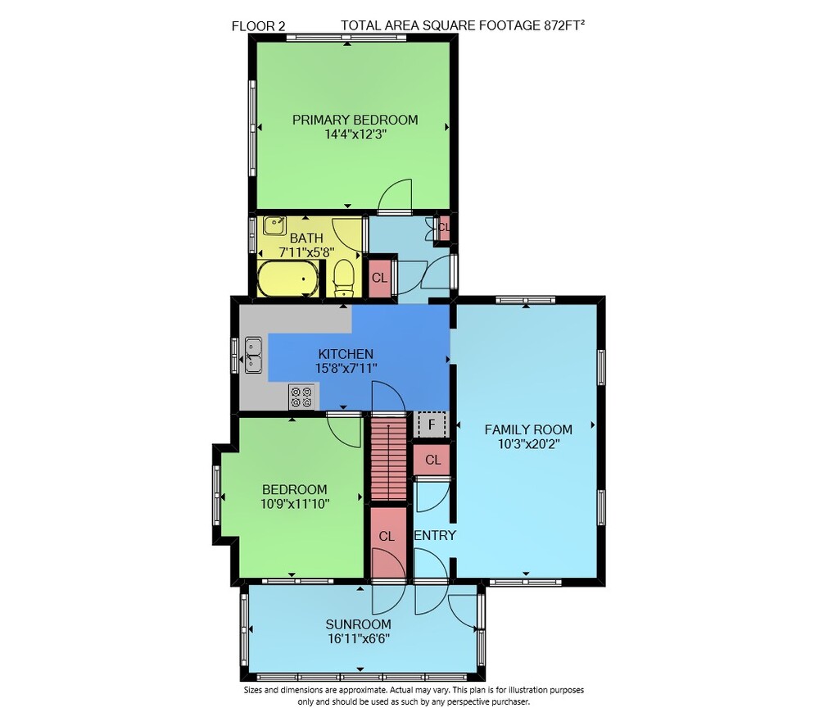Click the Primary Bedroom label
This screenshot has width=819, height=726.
click(x=355, y=120)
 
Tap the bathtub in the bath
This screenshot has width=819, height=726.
click(x=287, y=279)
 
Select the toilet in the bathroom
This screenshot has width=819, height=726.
click(x=343, y=278)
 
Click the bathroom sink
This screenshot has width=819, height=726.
click(x=274, y=226)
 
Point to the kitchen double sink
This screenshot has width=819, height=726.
click(x=253, y=355)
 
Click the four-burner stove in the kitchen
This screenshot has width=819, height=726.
click(x=302, y=397)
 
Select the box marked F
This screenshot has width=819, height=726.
click(x=432, y=424)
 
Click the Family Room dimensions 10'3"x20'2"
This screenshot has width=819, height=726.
click(x=528, y=444)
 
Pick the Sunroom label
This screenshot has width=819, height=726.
click(x=359, y=624)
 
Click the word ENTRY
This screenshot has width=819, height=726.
click(x=435, y=535)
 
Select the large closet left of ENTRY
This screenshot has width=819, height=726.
click(x=388, y=542)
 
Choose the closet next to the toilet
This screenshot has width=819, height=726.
click(x=380, y=278)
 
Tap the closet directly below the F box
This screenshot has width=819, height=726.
click(x=432, y=460)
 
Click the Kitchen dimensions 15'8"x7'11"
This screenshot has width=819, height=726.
click(x=346, y=368)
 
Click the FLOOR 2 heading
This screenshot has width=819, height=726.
click(x=259, y=25)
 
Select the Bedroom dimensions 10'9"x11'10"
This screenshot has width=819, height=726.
click(x=295, y=504)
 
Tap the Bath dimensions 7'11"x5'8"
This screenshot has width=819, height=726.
click(x=306, y=252)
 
